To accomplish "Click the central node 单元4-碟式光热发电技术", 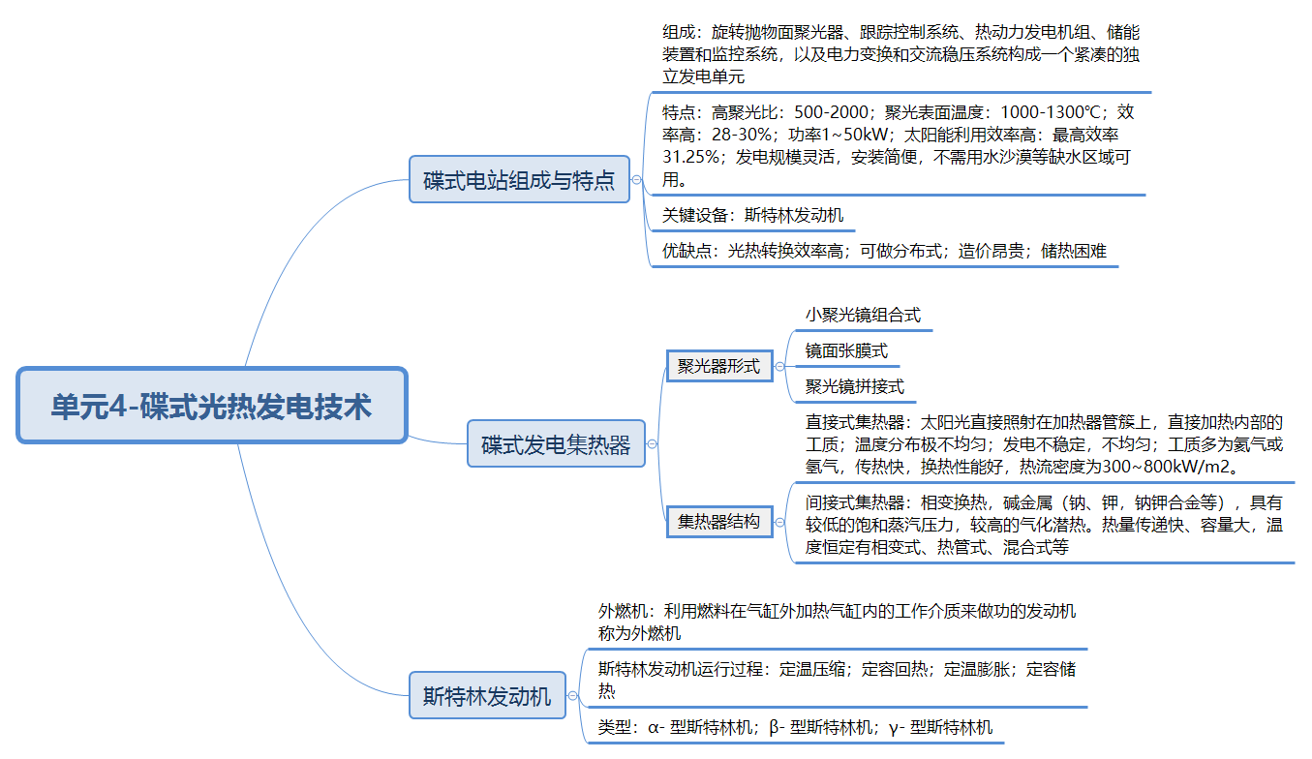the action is click(212, 406).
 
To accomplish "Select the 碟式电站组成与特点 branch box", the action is click(519, 179).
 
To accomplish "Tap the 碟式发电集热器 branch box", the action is click(556, 444).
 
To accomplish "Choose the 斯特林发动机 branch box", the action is click(487, 695).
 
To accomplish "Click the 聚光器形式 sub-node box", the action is click(718, 366).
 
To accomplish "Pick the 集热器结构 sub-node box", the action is click(718, 521).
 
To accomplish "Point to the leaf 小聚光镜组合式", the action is click(863, 315).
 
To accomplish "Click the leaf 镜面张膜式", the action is click(846, 350).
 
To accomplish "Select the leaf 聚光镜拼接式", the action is click(854, 386).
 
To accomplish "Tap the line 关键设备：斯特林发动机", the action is click(752, 215).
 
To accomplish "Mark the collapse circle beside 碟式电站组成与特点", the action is click(636, 179).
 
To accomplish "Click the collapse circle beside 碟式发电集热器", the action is click(652, 444).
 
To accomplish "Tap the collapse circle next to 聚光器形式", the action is click(779, 366).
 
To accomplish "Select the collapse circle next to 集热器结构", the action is click(779, 521).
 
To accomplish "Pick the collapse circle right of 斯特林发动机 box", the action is click(572, 695).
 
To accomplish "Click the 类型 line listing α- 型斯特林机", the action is click(795, 727).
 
